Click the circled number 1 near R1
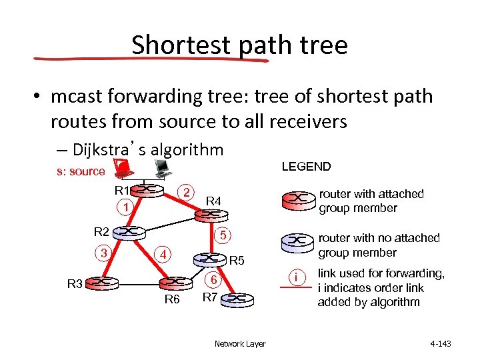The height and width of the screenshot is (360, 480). pos(125,208)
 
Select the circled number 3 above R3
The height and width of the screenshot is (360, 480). pos(103,252)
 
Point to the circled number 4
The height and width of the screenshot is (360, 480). pos(162,254)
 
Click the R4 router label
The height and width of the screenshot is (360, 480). pos(213,201)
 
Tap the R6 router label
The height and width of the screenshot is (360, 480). pos(172,299)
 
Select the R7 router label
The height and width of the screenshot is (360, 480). pos(210,296)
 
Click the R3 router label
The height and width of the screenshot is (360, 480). pos(76,283)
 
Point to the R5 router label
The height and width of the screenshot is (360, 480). pos(237,260)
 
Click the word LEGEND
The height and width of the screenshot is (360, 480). pos(306,167)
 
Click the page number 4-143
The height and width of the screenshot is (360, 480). pos(441,344)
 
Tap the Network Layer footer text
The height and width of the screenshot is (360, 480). pos(240,344)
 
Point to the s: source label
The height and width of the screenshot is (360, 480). pos(81,171)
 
